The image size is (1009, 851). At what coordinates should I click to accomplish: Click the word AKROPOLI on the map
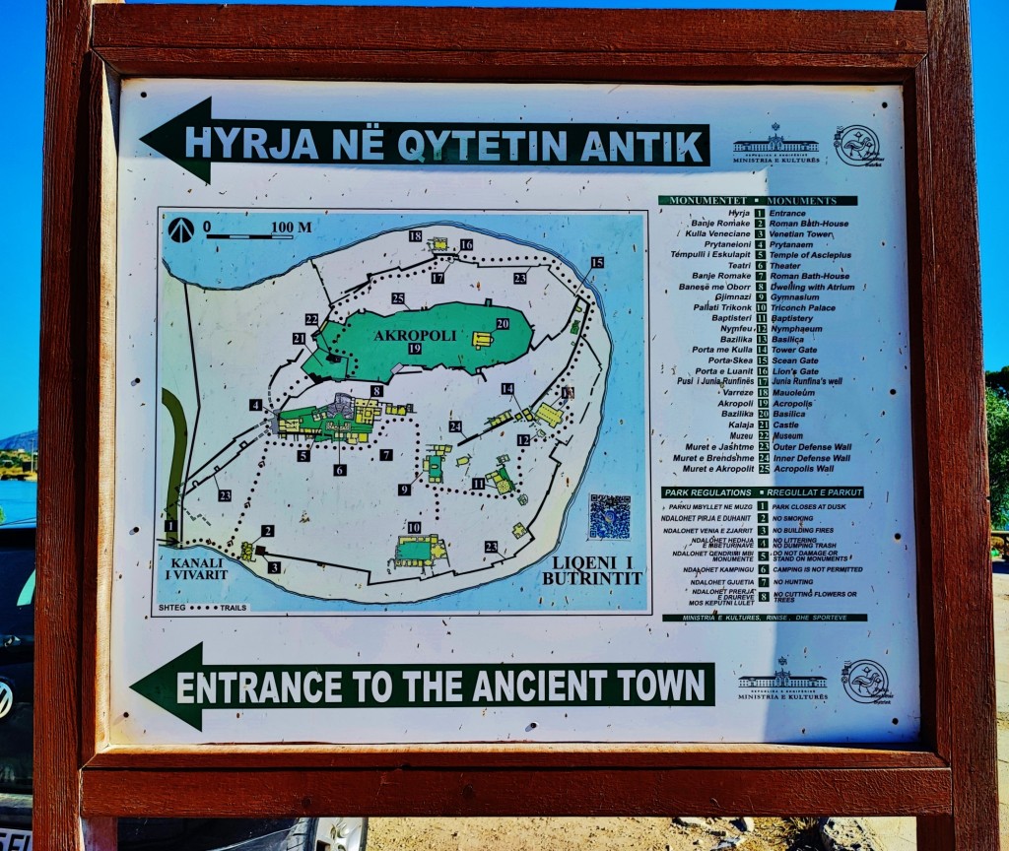[x=415, y=335]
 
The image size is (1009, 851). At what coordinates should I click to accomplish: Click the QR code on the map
[x=609, y=516]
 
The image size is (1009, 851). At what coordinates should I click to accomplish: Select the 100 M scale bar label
[x=291, y=228]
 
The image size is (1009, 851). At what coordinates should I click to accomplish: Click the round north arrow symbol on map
[x=180, y=229]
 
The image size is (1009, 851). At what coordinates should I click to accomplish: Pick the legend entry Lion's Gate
[x=795, y=370]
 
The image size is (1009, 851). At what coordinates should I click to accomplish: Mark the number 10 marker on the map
[x=414, y=528]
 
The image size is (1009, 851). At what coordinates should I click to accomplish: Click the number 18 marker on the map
[x=415, y=236]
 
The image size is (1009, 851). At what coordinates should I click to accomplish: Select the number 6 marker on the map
[x=340, y=470]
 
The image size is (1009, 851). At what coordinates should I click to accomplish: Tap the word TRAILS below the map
[x=235, y=608]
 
